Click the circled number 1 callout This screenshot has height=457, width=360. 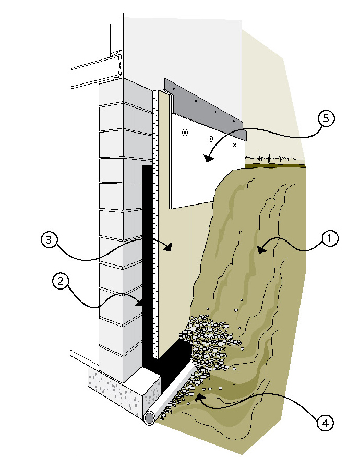(x=330, y=239)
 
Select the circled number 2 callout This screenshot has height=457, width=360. (x=61, y=281)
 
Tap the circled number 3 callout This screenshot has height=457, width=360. (x=49, y=240)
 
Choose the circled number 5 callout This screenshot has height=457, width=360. (x=326, y=119)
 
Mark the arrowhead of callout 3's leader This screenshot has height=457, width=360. (x=170, y=248)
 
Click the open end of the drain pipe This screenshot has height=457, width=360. (x=150, y=418)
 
